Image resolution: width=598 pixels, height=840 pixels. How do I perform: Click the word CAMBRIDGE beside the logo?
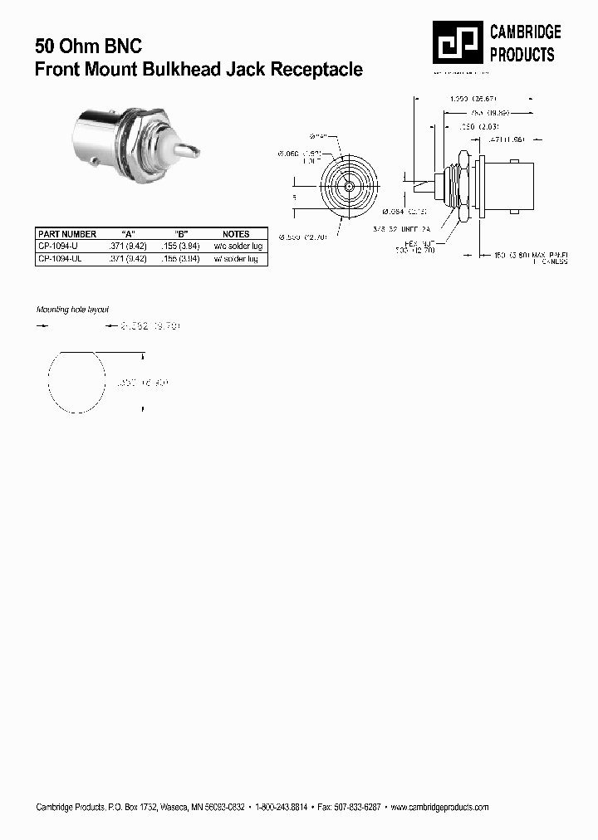pos(525,32)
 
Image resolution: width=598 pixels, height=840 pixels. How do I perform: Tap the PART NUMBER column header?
pos(67,234)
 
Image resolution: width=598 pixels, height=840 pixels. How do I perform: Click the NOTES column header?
pos(236,234)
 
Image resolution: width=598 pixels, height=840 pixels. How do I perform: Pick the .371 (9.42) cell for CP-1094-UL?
pos(128,259)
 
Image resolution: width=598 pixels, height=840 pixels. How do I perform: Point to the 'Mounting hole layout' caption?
pos(72,309)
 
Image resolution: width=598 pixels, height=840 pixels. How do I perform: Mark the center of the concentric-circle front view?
pos(348,187)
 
